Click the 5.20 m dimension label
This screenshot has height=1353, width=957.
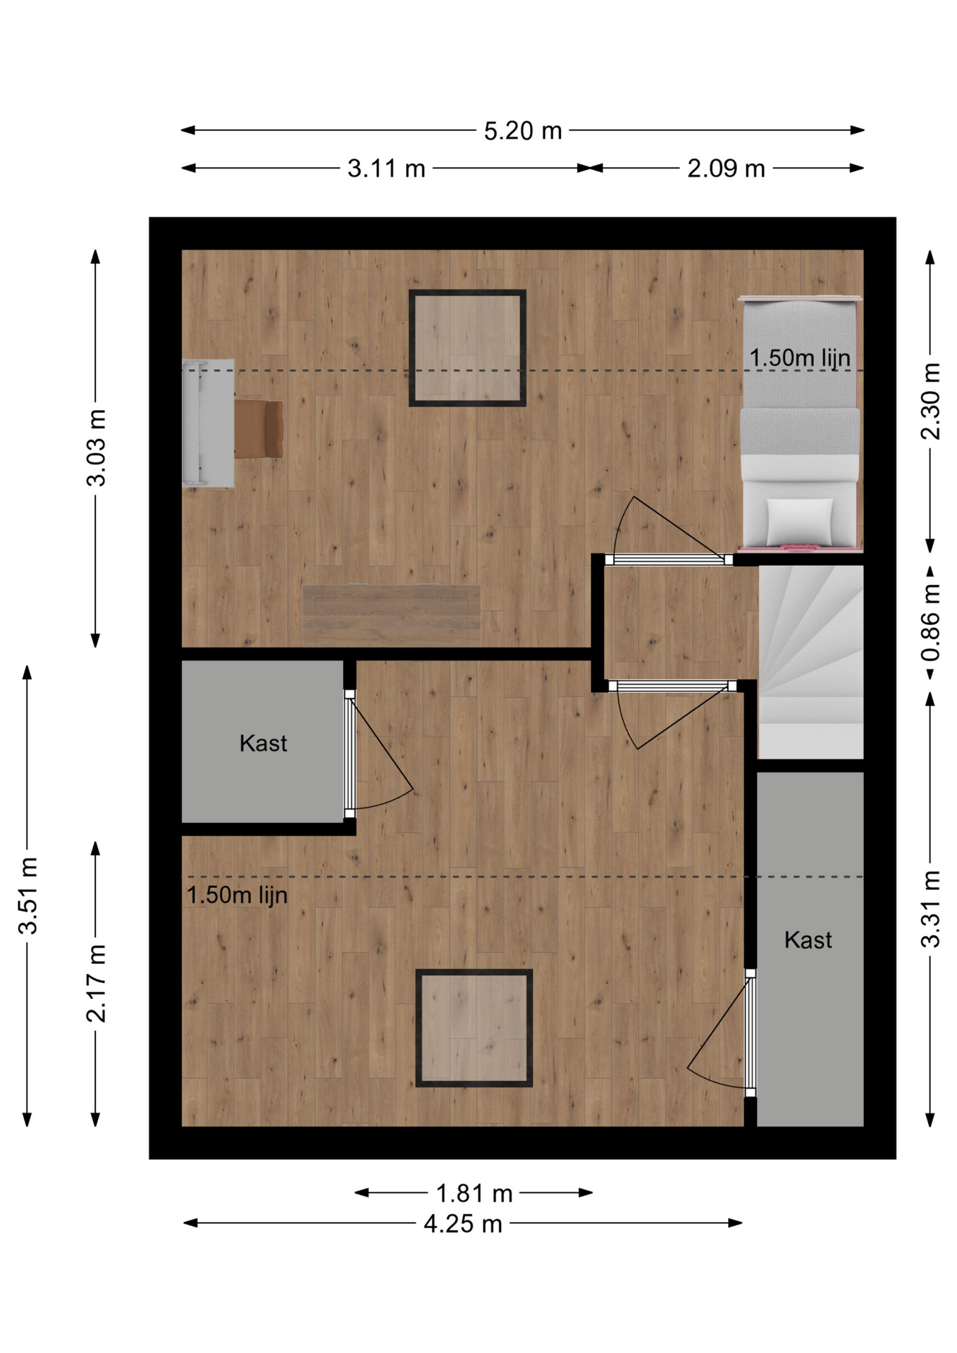click(x=522, y=131)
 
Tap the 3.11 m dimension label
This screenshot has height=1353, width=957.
click(x=386, y=169)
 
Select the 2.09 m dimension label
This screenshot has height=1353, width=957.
click(x=726, y=169)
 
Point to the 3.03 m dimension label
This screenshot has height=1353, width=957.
click(x=96, y=447)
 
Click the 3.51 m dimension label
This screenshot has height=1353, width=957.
click(x=27, y=896)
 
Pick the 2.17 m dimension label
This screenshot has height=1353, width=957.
click(x=96, y=983)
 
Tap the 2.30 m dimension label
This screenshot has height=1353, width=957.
click(x=931, y=401)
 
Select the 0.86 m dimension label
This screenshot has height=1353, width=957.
click(x=931, y=622)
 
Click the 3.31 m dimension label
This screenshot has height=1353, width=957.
click(x=931, y=909)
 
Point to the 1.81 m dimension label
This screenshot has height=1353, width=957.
click(x=474, y=1194)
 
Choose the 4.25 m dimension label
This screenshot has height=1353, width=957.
click(x=463, y=1224)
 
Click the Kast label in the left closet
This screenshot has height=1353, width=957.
click(x=263, y=743)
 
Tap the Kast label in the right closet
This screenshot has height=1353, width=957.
click(x=808, y=939)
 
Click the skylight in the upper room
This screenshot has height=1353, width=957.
click(x=467, y=348)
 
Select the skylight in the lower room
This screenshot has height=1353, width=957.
click(x=474, y=1028)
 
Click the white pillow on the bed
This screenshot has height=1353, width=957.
click(x=799, y=520)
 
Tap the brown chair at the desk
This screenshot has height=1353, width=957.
click(x=259, y=429)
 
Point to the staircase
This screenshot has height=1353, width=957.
click(x=810, y=662)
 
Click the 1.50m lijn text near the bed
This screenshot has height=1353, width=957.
click(x=800, y=358)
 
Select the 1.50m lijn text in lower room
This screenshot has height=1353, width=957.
click(x=237, y=895)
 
